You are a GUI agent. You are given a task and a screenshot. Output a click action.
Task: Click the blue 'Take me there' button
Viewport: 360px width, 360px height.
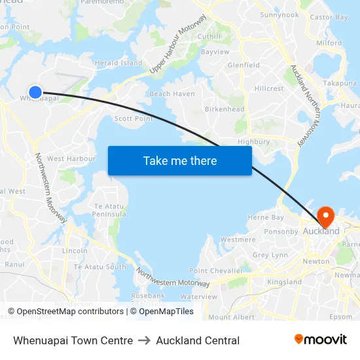click(x=180, y=160)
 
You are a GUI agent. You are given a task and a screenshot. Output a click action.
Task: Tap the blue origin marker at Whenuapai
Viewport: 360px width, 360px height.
click(x=35, y=93)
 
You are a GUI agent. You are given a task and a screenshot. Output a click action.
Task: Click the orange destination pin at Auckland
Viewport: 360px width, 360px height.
click(x=325, y=216)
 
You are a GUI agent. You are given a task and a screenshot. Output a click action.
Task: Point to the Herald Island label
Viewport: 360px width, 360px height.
click(x=118, y=63)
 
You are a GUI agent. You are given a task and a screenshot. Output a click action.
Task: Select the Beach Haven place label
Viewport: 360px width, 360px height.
click(x=172, y=94)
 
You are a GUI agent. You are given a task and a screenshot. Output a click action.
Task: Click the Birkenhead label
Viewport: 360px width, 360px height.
click(x=225, y=109)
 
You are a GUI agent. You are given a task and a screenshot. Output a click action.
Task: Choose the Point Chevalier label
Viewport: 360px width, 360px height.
click(x=216, y=271)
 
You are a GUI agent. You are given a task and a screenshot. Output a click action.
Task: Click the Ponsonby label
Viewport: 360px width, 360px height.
click(x=281, y=231)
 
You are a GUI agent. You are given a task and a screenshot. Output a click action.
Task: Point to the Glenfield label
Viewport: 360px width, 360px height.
click(x=243, y=65)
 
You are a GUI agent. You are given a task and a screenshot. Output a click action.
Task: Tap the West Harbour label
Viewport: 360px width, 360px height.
click(x=71, y=158)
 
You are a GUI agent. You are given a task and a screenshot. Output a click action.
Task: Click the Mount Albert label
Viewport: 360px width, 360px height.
click(x=231, y=317)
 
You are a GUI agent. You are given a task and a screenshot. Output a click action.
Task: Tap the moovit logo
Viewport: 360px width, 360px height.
click(x=321, y=340)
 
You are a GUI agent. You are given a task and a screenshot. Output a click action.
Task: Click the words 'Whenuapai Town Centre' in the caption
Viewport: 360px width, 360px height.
click(x=73, y=340)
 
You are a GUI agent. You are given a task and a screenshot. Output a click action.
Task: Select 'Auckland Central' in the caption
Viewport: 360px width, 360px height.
click(x=198, y=340)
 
